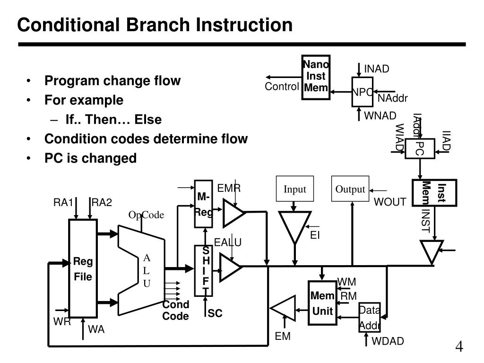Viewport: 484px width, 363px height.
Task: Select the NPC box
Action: click(363, 92)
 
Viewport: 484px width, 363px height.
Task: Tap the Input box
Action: click(295, 190)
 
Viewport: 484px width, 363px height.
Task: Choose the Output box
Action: click(350, 190)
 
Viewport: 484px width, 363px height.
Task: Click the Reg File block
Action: click(83, 268)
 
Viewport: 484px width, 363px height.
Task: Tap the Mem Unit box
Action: click(322, 303)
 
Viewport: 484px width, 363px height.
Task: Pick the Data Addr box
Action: click(369, 318)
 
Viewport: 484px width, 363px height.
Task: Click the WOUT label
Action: click(390, 202)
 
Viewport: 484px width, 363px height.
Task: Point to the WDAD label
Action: click(388, 341)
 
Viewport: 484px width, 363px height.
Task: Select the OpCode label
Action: click(146, 215)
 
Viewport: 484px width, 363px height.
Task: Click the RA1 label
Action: click(62, 203)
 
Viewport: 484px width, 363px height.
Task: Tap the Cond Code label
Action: click(176, 311)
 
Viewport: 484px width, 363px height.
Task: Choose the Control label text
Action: click(282, 86)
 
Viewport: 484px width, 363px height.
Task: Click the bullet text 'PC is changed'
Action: click(90, 158)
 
